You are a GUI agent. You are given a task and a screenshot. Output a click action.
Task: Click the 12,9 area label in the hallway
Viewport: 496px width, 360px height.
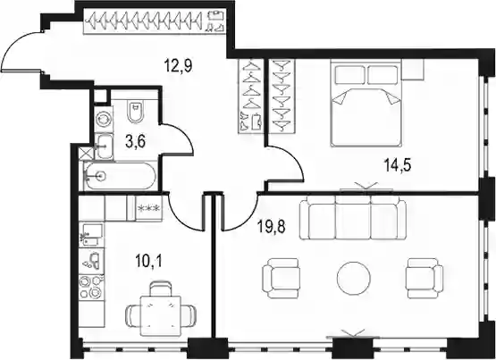coord(178,66)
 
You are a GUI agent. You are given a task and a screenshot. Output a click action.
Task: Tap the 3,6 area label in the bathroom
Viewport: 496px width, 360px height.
coord(135,141)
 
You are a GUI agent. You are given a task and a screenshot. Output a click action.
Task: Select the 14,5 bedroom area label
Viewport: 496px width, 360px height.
coord(398,165)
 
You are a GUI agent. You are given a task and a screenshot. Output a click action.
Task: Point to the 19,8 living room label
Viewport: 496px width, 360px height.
coord(272,227)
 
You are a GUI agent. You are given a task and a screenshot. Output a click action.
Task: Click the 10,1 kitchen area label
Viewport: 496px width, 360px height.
coord(148,261)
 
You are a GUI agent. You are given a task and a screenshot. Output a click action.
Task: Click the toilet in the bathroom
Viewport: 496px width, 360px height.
coord(136,112)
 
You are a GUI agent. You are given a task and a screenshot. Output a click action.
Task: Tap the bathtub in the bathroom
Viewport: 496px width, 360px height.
coord(120,176)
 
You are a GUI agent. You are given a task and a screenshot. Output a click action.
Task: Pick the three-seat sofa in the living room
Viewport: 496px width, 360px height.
coord(353,218)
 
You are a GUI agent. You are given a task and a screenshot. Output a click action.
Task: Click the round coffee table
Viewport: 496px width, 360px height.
coord(353,278)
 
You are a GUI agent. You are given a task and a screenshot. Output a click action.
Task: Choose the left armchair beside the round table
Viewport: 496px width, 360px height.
coord(281,278)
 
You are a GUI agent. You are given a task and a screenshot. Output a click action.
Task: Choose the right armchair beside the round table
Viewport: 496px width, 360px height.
coord(425,278)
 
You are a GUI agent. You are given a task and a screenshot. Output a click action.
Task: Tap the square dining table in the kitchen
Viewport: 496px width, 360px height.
coord(160,315)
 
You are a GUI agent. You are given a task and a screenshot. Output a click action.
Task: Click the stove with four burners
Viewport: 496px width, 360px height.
coord(91,288)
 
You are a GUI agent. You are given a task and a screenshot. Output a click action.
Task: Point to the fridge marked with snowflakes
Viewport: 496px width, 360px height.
coord(148,208)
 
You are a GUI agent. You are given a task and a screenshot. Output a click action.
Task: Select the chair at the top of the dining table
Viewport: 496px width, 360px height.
coord(160,289)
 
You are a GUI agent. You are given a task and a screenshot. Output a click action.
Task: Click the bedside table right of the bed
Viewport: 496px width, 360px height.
coord(413,69)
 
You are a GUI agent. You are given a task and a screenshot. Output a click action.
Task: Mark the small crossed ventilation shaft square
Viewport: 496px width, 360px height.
coord(87,154)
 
